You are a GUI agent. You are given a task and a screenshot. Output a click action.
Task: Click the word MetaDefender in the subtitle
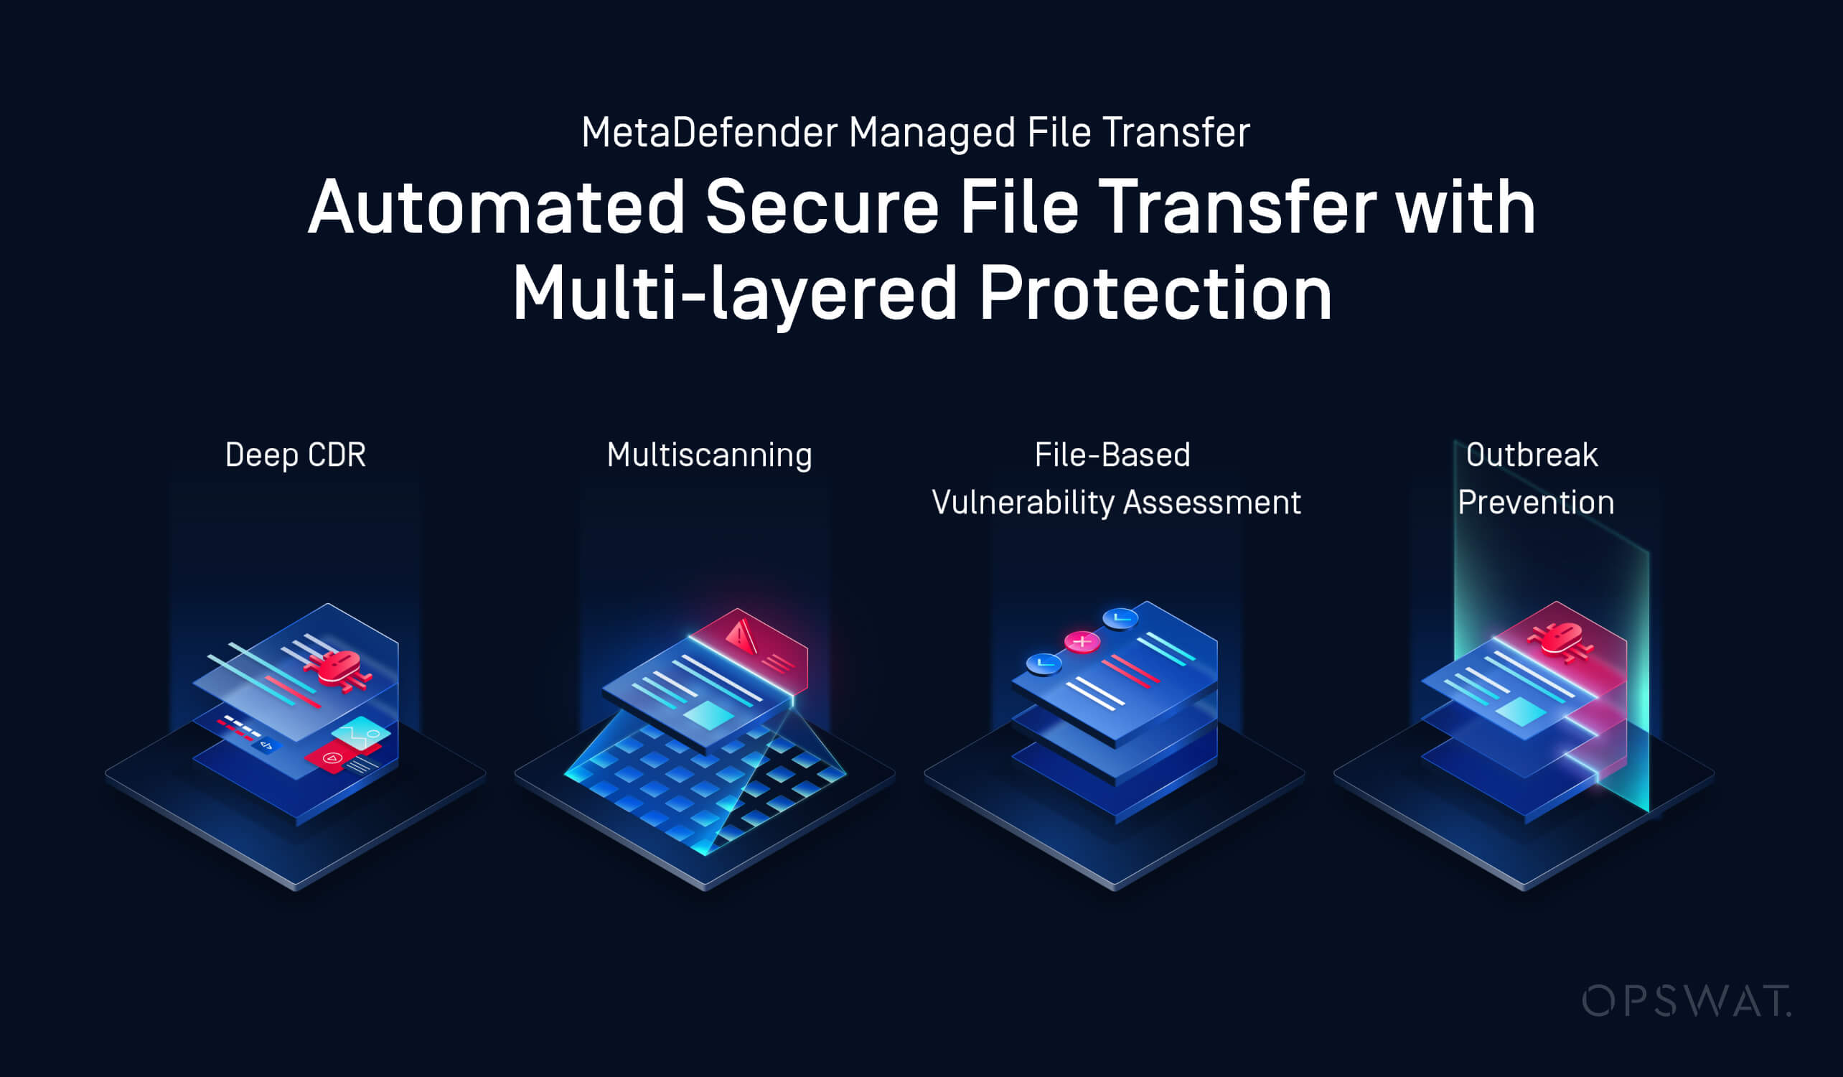(709, 133)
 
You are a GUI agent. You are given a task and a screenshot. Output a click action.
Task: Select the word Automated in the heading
(496, 208)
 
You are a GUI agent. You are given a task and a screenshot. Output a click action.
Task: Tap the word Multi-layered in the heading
(734, 294)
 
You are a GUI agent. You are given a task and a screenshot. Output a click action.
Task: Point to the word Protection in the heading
(1155, 294)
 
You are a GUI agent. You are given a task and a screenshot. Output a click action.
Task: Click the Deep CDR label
(295, 455)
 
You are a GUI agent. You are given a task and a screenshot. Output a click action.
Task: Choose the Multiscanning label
(708, 455)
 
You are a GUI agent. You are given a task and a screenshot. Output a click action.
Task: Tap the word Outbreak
(1532, 455)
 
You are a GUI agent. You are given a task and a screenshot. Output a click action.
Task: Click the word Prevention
(1535, 503)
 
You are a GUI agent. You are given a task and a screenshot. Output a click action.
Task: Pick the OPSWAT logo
(1686, 1001)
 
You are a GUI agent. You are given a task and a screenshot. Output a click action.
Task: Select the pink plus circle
(1082, 642)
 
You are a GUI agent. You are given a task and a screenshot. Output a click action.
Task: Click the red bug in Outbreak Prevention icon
(1561, 640)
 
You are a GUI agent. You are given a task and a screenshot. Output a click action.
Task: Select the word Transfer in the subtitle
(1176, 133)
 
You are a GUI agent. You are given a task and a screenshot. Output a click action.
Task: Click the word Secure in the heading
(821, 208)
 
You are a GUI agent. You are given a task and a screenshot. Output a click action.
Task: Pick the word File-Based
(1112, 455)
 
